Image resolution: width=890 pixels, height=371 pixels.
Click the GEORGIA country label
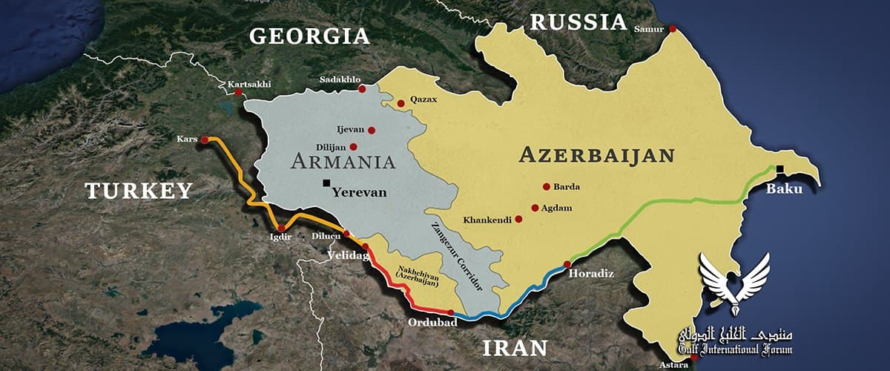309,36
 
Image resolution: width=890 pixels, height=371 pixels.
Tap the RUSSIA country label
579,22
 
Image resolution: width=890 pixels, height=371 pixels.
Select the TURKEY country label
139,191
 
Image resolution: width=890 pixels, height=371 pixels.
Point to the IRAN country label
515,347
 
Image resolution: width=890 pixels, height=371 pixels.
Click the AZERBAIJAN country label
596,155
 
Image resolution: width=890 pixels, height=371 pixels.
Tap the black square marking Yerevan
326,183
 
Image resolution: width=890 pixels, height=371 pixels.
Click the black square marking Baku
779,168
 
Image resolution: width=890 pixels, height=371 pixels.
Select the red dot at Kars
205,139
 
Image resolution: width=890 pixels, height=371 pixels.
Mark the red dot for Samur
673,29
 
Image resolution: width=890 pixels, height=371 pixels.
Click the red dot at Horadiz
567,264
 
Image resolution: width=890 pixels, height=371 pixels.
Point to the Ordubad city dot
450,312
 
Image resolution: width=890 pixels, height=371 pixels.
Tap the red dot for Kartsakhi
239,93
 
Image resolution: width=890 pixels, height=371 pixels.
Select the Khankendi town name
487,220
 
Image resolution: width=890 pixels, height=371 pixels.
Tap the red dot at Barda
547,187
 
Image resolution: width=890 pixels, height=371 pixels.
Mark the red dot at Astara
693,358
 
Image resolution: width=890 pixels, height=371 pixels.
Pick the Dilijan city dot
354,147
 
